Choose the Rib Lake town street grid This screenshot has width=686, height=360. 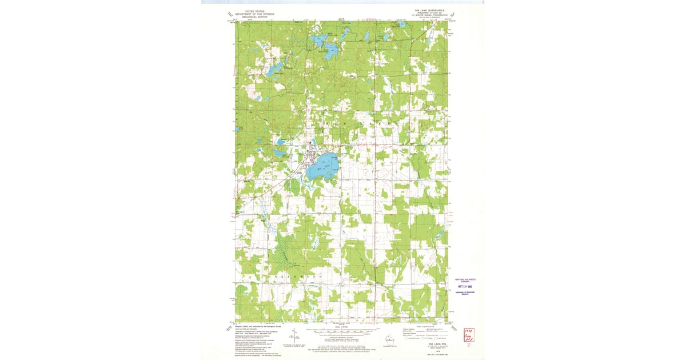pyautogui.click(x=312, y=155)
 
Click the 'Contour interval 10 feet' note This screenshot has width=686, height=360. pyautogui.click(x=342, y=341)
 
